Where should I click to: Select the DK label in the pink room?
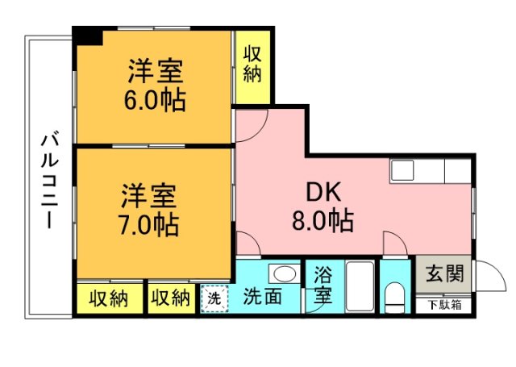pyautogui.click(x=323, y=193)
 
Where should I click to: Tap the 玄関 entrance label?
pyautogui.click(x=444, y=274)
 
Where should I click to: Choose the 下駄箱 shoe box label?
pyautogui.click(x=444, y=305)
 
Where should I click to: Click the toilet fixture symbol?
pyautogui.click(x=395, y=297)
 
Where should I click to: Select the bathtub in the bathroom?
pyautogui.click(x=359, y=286)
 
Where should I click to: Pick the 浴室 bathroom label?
pyautogui.click(x=322, y=284)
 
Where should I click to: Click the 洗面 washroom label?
pyautogui.click(x=263, y=296)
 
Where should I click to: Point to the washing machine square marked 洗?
pyautogui.click(x=213, y=297)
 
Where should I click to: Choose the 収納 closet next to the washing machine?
pyautogui.click(x=170, y=298)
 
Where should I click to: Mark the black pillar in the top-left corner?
pyautogui.click(x=89, y=35)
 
